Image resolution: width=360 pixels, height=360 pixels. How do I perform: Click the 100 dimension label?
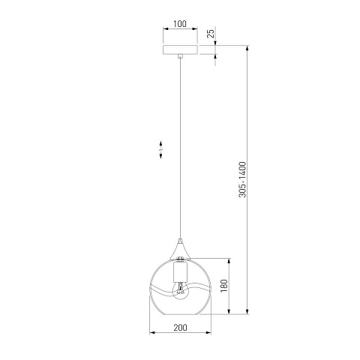click(180, 24)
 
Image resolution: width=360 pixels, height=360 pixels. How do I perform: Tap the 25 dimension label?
click(211, 34)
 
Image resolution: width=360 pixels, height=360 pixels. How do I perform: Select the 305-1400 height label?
click(242, 179)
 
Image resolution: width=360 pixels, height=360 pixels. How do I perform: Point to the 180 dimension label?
click(224, 286)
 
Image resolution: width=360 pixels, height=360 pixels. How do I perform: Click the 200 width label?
click(180, 328)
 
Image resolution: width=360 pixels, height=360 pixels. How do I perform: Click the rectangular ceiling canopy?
click(180, 49)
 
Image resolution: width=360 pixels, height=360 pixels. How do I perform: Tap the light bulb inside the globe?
click(180, 291)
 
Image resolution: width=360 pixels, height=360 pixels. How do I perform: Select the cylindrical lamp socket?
click(180, 271)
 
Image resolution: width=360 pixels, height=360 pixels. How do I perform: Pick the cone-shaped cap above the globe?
click(180, 250)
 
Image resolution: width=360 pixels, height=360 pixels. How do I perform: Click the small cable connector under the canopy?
click(180, 56)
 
